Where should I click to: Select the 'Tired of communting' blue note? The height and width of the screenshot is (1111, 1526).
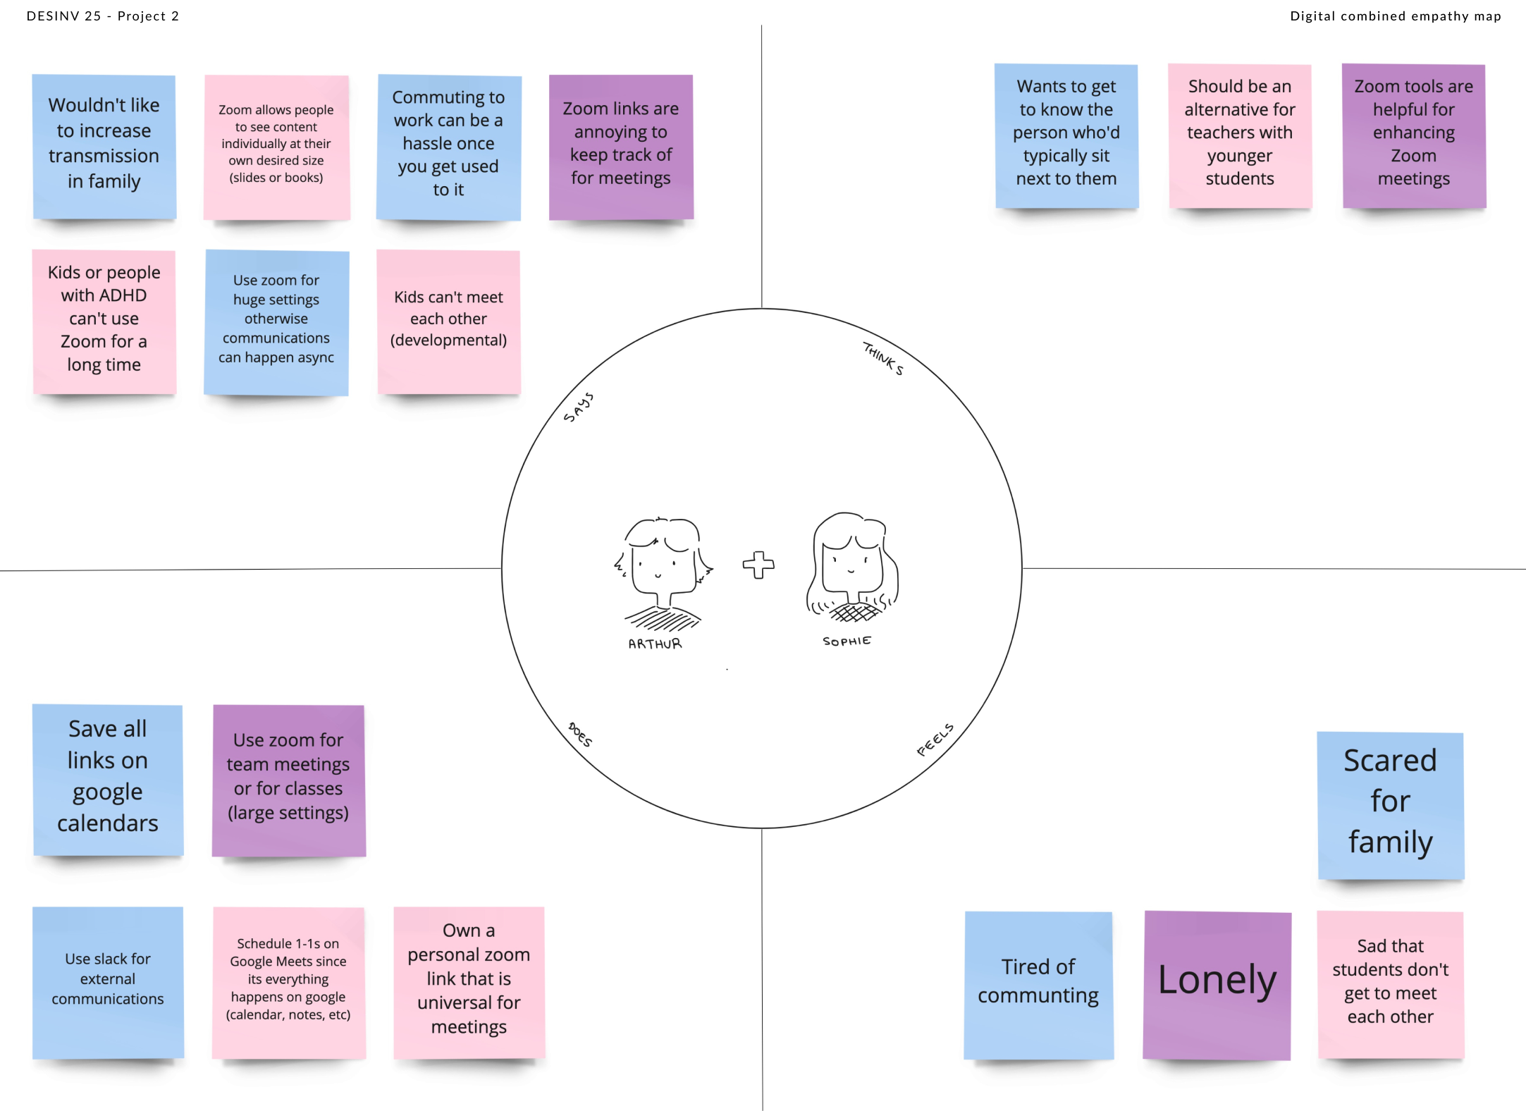pyautogui.click(x=1038, y=983)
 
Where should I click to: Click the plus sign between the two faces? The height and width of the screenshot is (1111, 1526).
pyautogui.click(x=758, y=565)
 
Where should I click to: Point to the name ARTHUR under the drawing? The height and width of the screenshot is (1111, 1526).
pyautogui.click(x=655, y=644)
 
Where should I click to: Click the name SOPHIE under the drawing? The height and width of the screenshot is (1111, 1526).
pyautogui.click(x=847, y=641)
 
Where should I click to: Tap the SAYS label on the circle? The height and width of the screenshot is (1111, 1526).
pyautogui.click(x=578, y=407)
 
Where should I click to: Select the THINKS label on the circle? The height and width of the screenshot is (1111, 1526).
pyautogui.click(x=883, y=358)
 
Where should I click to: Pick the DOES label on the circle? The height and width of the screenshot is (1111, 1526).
pyautogui.click(x=580, y=735)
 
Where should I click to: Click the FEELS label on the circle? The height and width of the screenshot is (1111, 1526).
pyautogui.click(x=935, y=739)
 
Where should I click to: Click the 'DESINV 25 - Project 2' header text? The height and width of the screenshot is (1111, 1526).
pyautogui.click(x=103, y=16)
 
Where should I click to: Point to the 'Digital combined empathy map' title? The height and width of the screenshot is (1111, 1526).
pyautogui.click(x=1395, y=16)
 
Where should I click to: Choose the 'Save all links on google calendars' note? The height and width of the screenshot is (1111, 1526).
pyautogui.click(x=108, y=778)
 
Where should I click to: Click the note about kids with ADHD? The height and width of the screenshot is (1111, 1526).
pyautogui.click(x=104, y=320)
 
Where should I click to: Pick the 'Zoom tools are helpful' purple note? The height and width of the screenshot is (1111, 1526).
pyautogui.click(x=1413, y=134)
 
